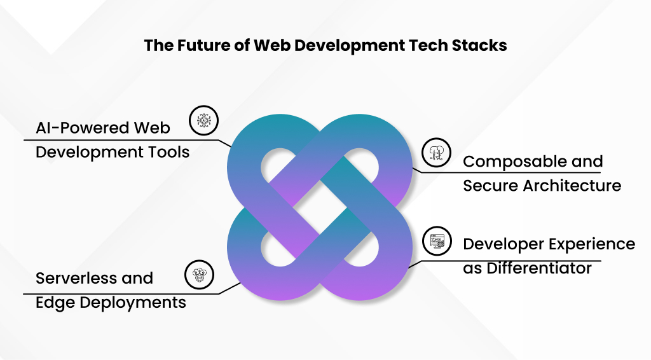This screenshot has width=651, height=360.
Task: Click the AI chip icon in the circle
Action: click(x=204, y=120)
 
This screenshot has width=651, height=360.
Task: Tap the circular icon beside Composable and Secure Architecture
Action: click(x=436, y=151)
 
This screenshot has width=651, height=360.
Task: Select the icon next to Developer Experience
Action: click(x=436, y=240)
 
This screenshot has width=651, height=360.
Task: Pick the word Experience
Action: click(x=591, y=244)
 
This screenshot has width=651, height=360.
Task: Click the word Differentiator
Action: click(x=539, y=268)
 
